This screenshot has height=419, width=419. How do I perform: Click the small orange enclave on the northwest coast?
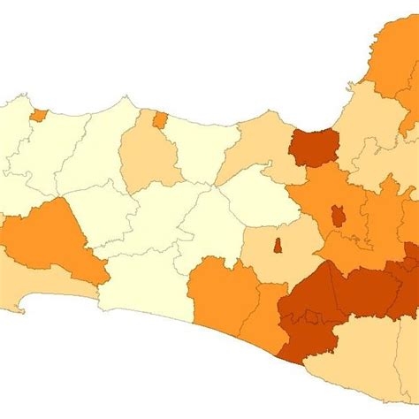click(38, 115)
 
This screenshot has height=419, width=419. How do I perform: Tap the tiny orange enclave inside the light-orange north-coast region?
click(159, 119)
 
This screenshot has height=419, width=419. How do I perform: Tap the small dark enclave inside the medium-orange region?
click(338, 216)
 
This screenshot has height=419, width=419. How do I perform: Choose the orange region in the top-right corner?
click(389, 53)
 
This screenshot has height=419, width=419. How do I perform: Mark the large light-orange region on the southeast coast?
click(371, 362)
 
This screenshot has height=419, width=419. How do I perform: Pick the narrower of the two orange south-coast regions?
click(265, 318)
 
